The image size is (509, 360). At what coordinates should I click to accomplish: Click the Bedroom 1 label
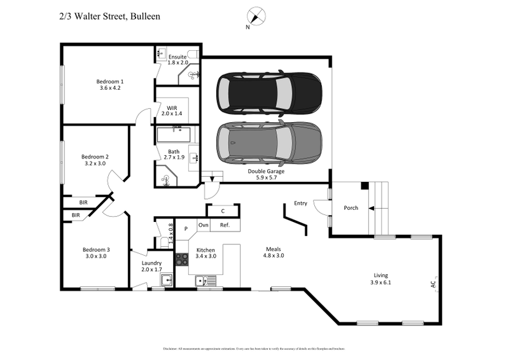point(110,81)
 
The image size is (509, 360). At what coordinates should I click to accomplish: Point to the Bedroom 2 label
point(95,156)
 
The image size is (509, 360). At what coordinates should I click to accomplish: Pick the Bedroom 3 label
point(95,249)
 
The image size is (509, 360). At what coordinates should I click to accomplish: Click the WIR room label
point(171,107)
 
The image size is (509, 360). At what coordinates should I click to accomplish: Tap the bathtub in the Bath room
point(174,135)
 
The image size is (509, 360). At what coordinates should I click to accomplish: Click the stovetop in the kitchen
point(182,259)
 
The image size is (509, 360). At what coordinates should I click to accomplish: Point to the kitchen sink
point(206,280)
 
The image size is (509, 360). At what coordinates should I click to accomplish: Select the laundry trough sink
point(168,280)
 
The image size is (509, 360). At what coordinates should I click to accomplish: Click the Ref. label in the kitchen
point(225,225)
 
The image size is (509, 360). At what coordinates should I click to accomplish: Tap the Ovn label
point(204,225)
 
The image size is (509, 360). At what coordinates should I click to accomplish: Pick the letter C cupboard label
point(223,211)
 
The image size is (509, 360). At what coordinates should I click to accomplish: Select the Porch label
point(351,207)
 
